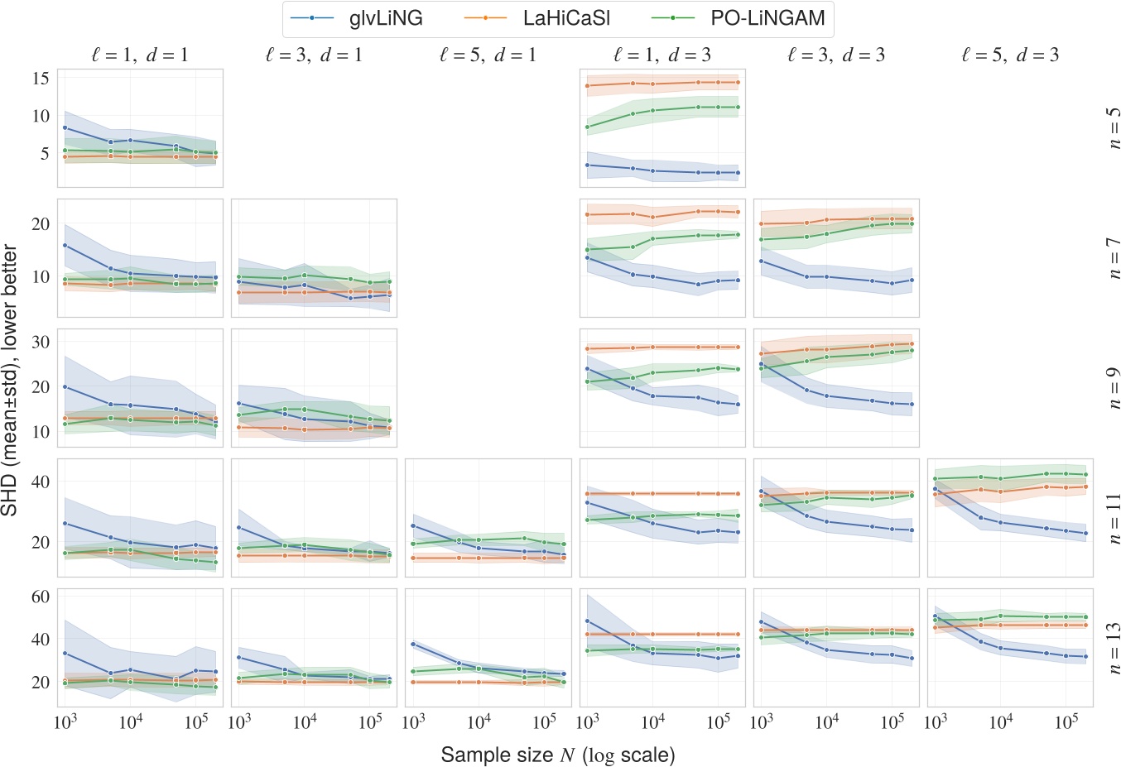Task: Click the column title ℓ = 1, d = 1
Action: pyautogui.click(x=140, y=55)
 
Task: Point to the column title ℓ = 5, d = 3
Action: pyautogui.click(x=1010, y=55)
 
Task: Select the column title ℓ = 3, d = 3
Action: pyautogui.click(x=836, y=55)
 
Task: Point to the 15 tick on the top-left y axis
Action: pyautogui.click(x=40, y=78)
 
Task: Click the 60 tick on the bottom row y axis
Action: pyautogui.click(x=40, y=597)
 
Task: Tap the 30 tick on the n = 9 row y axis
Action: pyautogui.click(x=40, y=342)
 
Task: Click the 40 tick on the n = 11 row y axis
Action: pyautogui.click(x=40, y=482)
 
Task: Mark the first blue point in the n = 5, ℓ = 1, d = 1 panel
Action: pyautogui.click(x=65, y=127)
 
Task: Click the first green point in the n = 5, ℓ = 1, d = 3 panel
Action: pyautogui.click(x=587, y=127)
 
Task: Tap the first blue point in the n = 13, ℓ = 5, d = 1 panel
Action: pyautogui.click(x=413, y=644)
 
